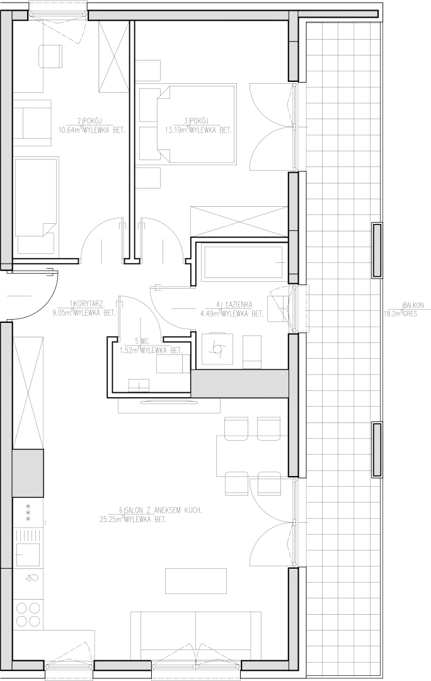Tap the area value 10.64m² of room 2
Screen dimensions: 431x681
pos(69,129)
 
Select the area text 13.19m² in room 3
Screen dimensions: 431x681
pos(176,129)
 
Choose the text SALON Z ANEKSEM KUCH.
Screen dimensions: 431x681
pos(163,510)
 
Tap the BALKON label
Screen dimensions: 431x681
pos(413,305)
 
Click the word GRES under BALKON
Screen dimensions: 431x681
pos(410,313)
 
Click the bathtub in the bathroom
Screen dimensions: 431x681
pos(243,262)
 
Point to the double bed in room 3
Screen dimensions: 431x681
pos(197,124)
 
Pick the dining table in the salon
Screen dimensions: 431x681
pos(252,456)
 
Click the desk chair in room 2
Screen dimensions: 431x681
pos(52,57)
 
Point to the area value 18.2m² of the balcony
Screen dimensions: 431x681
pos(393,313)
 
